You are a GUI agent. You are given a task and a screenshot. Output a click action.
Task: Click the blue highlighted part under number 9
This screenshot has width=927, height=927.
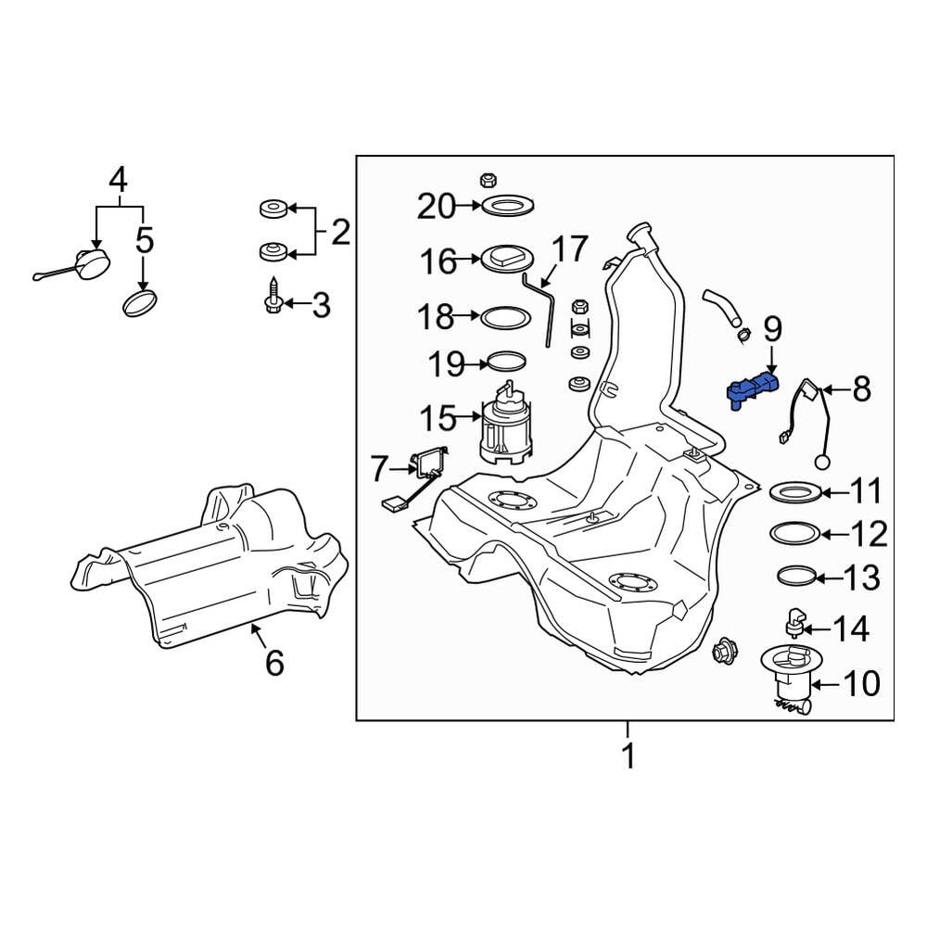751,388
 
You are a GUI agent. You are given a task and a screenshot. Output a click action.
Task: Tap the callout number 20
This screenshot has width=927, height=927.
437,207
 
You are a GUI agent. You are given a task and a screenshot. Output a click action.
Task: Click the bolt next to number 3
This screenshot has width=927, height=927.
273,296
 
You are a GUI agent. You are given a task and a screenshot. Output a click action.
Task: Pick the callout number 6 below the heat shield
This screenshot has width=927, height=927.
274,662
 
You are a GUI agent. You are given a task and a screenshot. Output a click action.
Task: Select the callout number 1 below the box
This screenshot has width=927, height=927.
629,755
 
